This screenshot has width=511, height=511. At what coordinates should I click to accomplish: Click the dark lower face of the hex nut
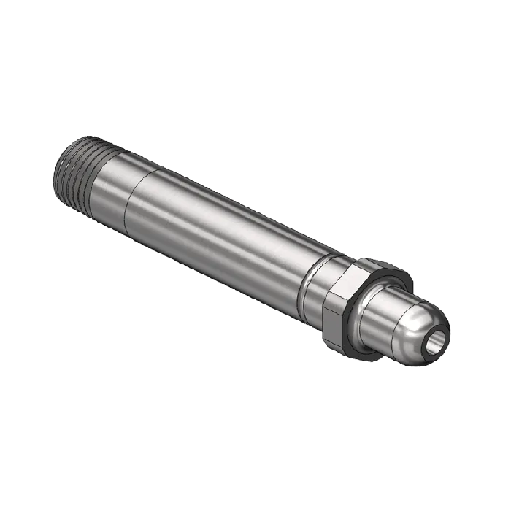pyautogui.click(x=338, y=321)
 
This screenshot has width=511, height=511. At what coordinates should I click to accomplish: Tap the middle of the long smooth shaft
pyautogui.click(x=219, y=234)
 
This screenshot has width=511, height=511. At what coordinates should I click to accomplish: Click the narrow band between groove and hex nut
pyautogui.click(x=318, y=285)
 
